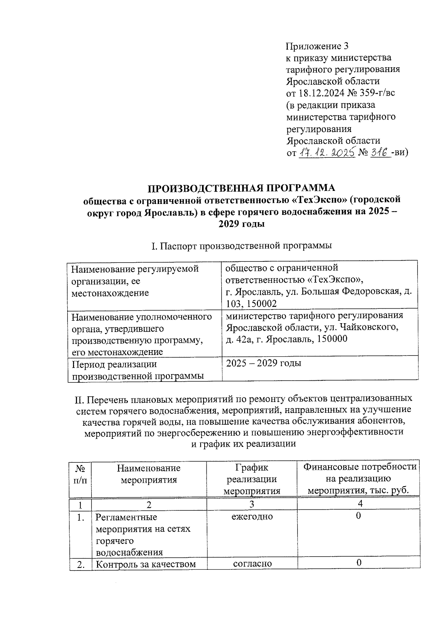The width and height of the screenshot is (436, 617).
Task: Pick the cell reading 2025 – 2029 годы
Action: (x=263, y=363)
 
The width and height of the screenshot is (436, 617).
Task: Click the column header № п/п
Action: (x=80, y=474)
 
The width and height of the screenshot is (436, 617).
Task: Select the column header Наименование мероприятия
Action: (x=149, y=474)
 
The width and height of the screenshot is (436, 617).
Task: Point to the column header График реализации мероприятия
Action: (x=252, y=479)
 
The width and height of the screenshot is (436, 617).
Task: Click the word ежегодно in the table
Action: (x=252, y=516)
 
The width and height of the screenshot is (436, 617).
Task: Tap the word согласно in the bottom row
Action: (x=253, y=564)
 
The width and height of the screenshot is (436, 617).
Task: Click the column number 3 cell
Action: (x=252, y=504)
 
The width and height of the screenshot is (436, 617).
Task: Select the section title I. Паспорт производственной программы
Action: (x=241, y=246)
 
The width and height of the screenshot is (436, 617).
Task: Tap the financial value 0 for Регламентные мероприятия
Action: (x=358, y=516)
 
